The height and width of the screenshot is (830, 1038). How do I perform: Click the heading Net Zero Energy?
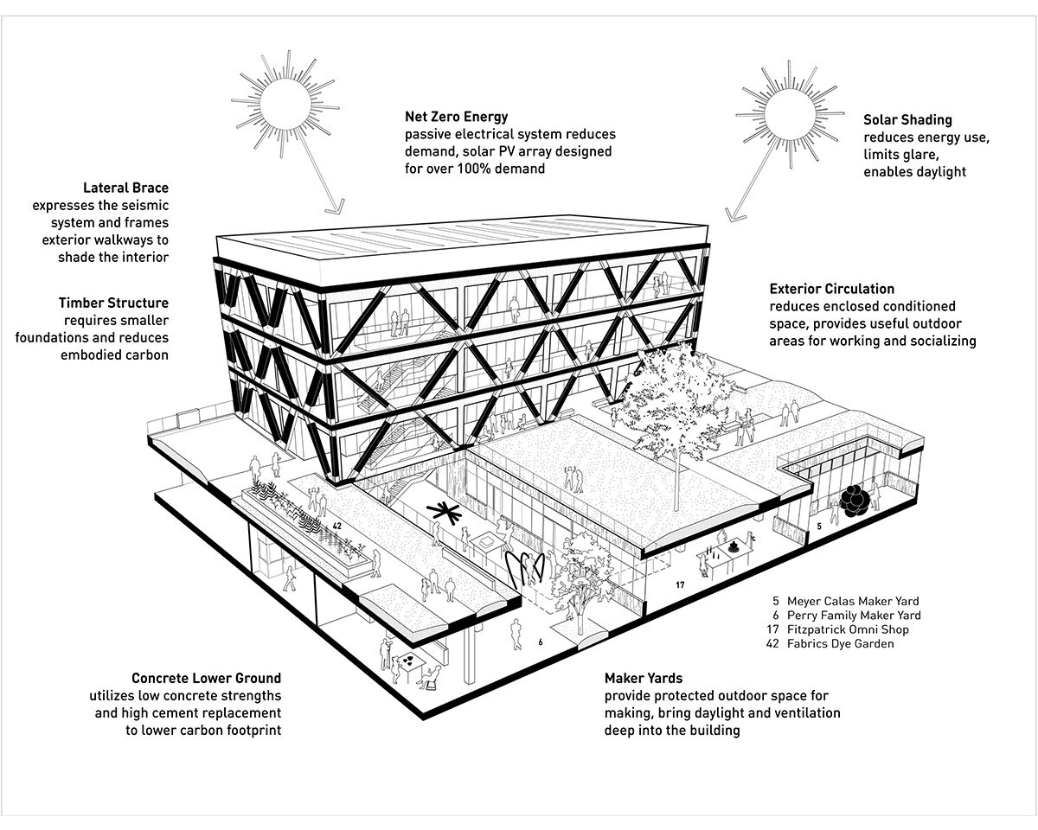[x=457, y=117]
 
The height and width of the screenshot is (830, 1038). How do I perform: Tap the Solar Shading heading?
[x=907, y=119]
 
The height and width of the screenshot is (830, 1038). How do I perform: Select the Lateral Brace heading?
[x=126, y=188]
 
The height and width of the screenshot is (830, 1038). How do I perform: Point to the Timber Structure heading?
[x=114, y=303]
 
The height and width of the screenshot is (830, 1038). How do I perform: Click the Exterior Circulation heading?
[x=831, y=289]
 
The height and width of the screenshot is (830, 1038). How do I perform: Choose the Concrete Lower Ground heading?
[x=207, y=678]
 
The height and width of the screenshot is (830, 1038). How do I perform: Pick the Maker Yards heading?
[x=644, y=678]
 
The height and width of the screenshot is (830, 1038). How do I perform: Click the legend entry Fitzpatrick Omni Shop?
[x=848, y=629]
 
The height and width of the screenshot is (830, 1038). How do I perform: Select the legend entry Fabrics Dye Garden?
[x=840, y=644]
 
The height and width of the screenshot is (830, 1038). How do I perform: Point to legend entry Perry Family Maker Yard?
[x=854, y=616]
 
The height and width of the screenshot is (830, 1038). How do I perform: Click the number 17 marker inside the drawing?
[x=680, y=585]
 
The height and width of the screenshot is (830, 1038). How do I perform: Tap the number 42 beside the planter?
[x=337, y=526]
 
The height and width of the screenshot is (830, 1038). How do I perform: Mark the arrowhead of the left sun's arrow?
[x=336, y=206]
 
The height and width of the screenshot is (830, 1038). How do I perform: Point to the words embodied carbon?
[x=115, y=355]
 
